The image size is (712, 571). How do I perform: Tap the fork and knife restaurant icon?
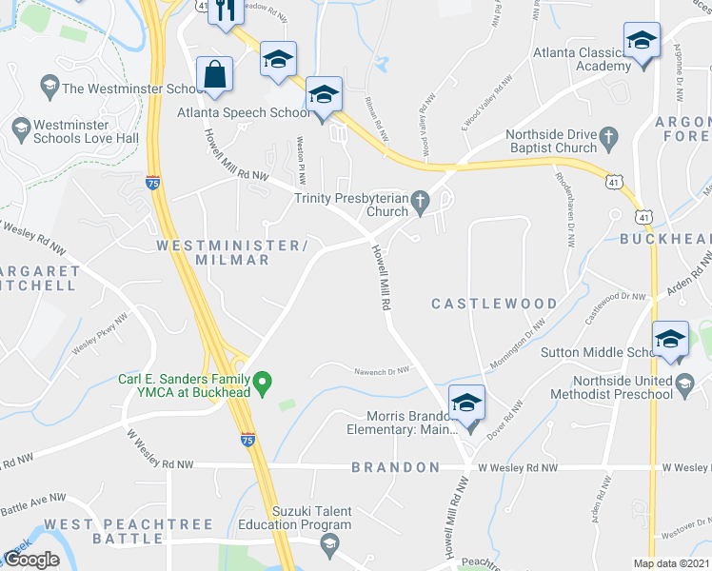226,11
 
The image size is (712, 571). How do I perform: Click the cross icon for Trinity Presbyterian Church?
422,199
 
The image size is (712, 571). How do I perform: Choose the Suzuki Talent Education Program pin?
329,545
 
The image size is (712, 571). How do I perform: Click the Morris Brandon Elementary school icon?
466,403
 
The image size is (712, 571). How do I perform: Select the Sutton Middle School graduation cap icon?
671,340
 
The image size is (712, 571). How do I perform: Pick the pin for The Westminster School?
49,89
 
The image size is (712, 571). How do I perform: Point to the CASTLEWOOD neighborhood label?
494,304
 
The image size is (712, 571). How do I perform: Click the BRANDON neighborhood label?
395,467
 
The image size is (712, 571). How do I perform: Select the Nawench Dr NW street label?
382,371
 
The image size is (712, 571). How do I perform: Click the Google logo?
31,560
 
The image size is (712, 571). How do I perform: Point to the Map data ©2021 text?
671,563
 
